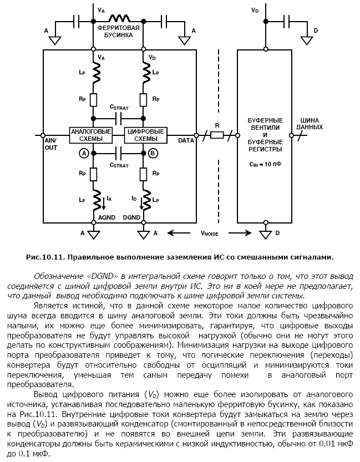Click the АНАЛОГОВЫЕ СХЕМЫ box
[90, 135]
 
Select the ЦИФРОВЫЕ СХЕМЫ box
[146, 135]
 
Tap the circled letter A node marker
[84, 153]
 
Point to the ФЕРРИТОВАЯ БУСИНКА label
[118, 31]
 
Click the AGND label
[107, 217]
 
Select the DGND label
[131, 217]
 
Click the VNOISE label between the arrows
[211, 233]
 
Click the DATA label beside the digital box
[186, 141]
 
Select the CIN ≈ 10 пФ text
[265, 165]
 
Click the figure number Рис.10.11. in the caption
[44, 256]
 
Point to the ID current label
[134, 197]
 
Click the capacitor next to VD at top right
[288, 21]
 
